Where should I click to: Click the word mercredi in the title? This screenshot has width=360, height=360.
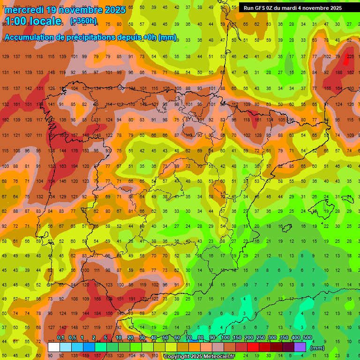pos(26,10)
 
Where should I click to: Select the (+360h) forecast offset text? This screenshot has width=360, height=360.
pos(83,21)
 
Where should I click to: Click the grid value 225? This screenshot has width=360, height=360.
pos(350,57)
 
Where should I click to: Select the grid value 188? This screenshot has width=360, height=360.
pos(338,73)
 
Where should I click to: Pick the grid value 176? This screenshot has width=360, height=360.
pos(74,151)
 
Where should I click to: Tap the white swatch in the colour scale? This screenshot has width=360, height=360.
pos(54,347)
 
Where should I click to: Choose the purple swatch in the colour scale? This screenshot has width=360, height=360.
pos(300,347)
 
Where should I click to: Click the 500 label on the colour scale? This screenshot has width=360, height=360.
pos(307,338)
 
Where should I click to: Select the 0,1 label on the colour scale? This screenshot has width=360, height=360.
pos(60,338)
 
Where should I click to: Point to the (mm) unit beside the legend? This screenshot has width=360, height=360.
pos(317,348)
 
